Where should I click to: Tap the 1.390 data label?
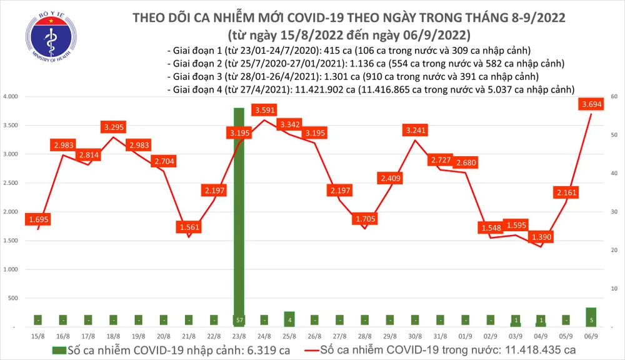pos(540,237)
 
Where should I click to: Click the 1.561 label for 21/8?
pos(188,227)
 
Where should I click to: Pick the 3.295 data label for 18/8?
pos(114,127)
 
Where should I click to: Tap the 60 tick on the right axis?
pos(614,97)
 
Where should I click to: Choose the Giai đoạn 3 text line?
pos(353,76)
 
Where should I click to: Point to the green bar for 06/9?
pos(591,317)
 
